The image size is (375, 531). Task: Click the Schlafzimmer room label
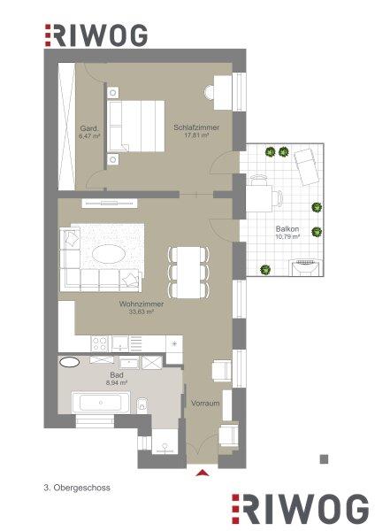pos(196,127)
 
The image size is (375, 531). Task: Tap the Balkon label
pos(287,229)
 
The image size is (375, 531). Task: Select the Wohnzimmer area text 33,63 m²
pos(142,312)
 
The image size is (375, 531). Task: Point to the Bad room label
pos(117,375)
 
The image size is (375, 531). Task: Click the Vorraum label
pos(205,404)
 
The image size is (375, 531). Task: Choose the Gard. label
pos(89,128)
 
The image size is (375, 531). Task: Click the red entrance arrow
pos(203,473)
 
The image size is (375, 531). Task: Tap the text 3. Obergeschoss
pos(77,488)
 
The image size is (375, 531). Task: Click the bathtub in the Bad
pos(101,403)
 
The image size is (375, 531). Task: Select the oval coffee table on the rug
pos(109,254)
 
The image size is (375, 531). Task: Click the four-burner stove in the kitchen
pos(100,343)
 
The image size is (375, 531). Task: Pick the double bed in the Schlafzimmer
pos(135,126)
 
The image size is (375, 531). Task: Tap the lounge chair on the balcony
pos(307,166)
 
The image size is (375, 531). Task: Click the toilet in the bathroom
pos(142,405)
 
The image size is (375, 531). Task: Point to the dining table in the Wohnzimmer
pos(188,273)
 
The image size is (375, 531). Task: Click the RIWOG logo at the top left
pos(96,35)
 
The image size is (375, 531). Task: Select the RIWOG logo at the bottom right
pos(300,509)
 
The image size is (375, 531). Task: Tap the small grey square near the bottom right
pos(324,458)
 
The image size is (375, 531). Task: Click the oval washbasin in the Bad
pos(69,362)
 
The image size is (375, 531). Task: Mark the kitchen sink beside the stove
pos(120,343)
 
